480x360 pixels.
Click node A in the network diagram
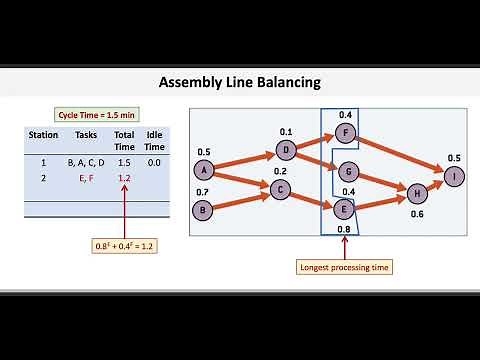[205, 170]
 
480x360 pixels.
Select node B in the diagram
[205, 210]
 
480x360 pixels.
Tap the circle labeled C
[280, 190]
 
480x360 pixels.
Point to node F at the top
[346, 133]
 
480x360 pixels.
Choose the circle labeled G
[347, 171]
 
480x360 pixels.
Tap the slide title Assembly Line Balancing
[239, 81]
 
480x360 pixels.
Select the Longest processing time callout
[346, 267]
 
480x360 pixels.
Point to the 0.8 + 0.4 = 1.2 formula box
[124, 245]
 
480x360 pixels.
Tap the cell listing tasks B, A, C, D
[86, 161]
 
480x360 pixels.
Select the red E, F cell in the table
[86, 177]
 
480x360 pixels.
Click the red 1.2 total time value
[124, 177]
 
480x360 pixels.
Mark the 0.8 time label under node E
[345, 229]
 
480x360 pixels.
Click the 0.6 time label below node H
[418, 212]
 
